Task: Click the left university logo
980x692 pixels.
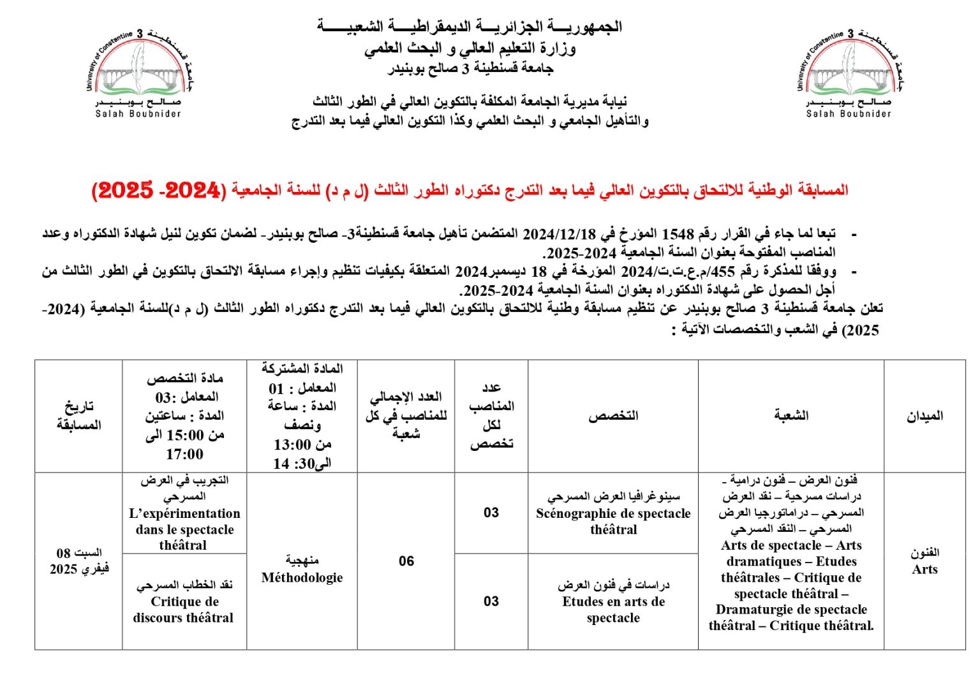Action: pyautogui.click(x=139, y=71)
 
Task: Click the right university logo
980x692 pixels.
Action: pyautogui.click(x=849, y=71)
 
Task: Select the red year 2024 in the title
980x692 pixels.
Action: pyautogui.click(x=192, y=190)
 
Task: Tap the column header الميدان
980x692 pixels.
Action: pyautogui.click(x=924, y=416)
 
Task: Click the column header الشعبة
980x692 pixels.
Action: pyautogui.click(x=791, y=416)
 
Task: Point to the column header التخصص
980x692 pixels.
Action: pyautogui.click(x=613, y=416)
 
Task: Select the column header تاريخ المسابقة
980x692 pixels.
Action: pyautogui.click(x=79, y=415)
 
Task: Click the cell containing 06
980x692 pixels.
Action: pyautogui.click(x=406, y=561)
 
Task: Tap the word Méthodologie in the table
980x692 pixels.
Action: pyautogui.click(x=302, y=578)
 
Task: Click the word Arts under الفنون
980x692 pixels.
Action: pyautogui.click(x=924, y=570)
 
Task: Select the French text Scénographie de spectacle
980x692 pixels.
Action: pyautogui.click(x=613, y=513)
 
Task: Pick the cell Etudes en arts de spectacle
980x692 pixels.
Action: pyautogui.click(x=613, y=601)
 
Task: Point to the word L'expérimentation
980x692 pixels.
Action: pyautogui.click(x=184, y=513)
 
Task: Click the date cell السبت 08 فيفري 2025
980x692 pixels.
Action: pyautogui.click(x=79, y=561)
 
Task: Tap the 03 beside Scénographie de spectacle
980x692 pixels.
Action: pyautogui.click(x=491, y=513)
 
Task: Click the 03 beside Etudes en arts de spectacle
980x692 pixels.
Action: pyautogui.click(x=491, y=601)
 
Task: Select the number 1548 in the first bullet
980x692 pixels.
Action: pyautogui.click(x=677, y=234)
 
